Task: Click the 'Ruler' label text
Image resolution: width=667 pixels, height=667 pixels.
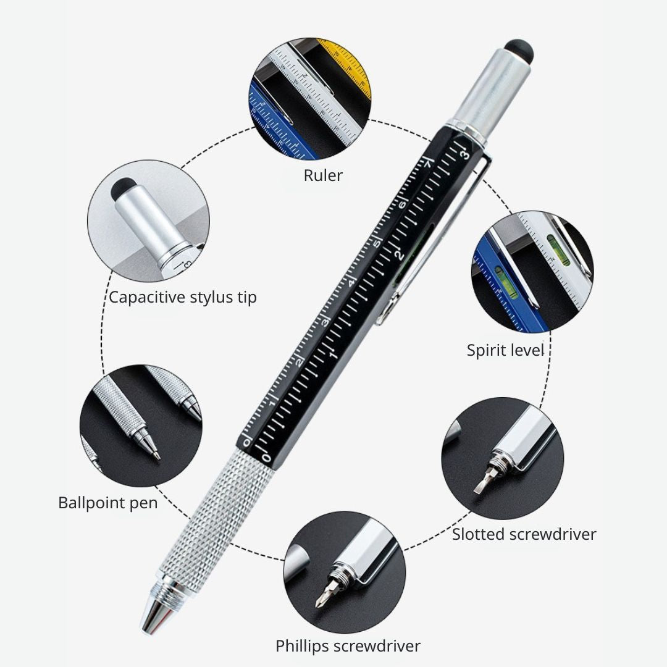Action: [323, 175]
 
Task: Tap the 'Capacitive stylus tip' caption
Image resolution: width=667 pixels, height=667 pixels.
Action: [183, 297]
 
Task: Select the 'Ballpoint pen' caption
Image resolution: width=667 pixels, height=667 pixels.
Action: [108, 503]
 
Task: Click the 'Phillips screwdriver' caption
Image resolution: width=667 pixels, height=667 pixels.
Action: [348, 646]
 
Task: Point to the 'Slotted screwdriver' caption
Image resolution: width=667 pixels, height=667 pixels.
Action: [524, 534]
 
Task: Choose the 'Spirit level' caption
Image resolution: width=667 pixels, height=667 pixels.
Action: [505, 350]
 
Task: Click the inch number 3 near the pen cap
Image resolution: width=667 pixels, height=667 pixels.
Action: [465, 153]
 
